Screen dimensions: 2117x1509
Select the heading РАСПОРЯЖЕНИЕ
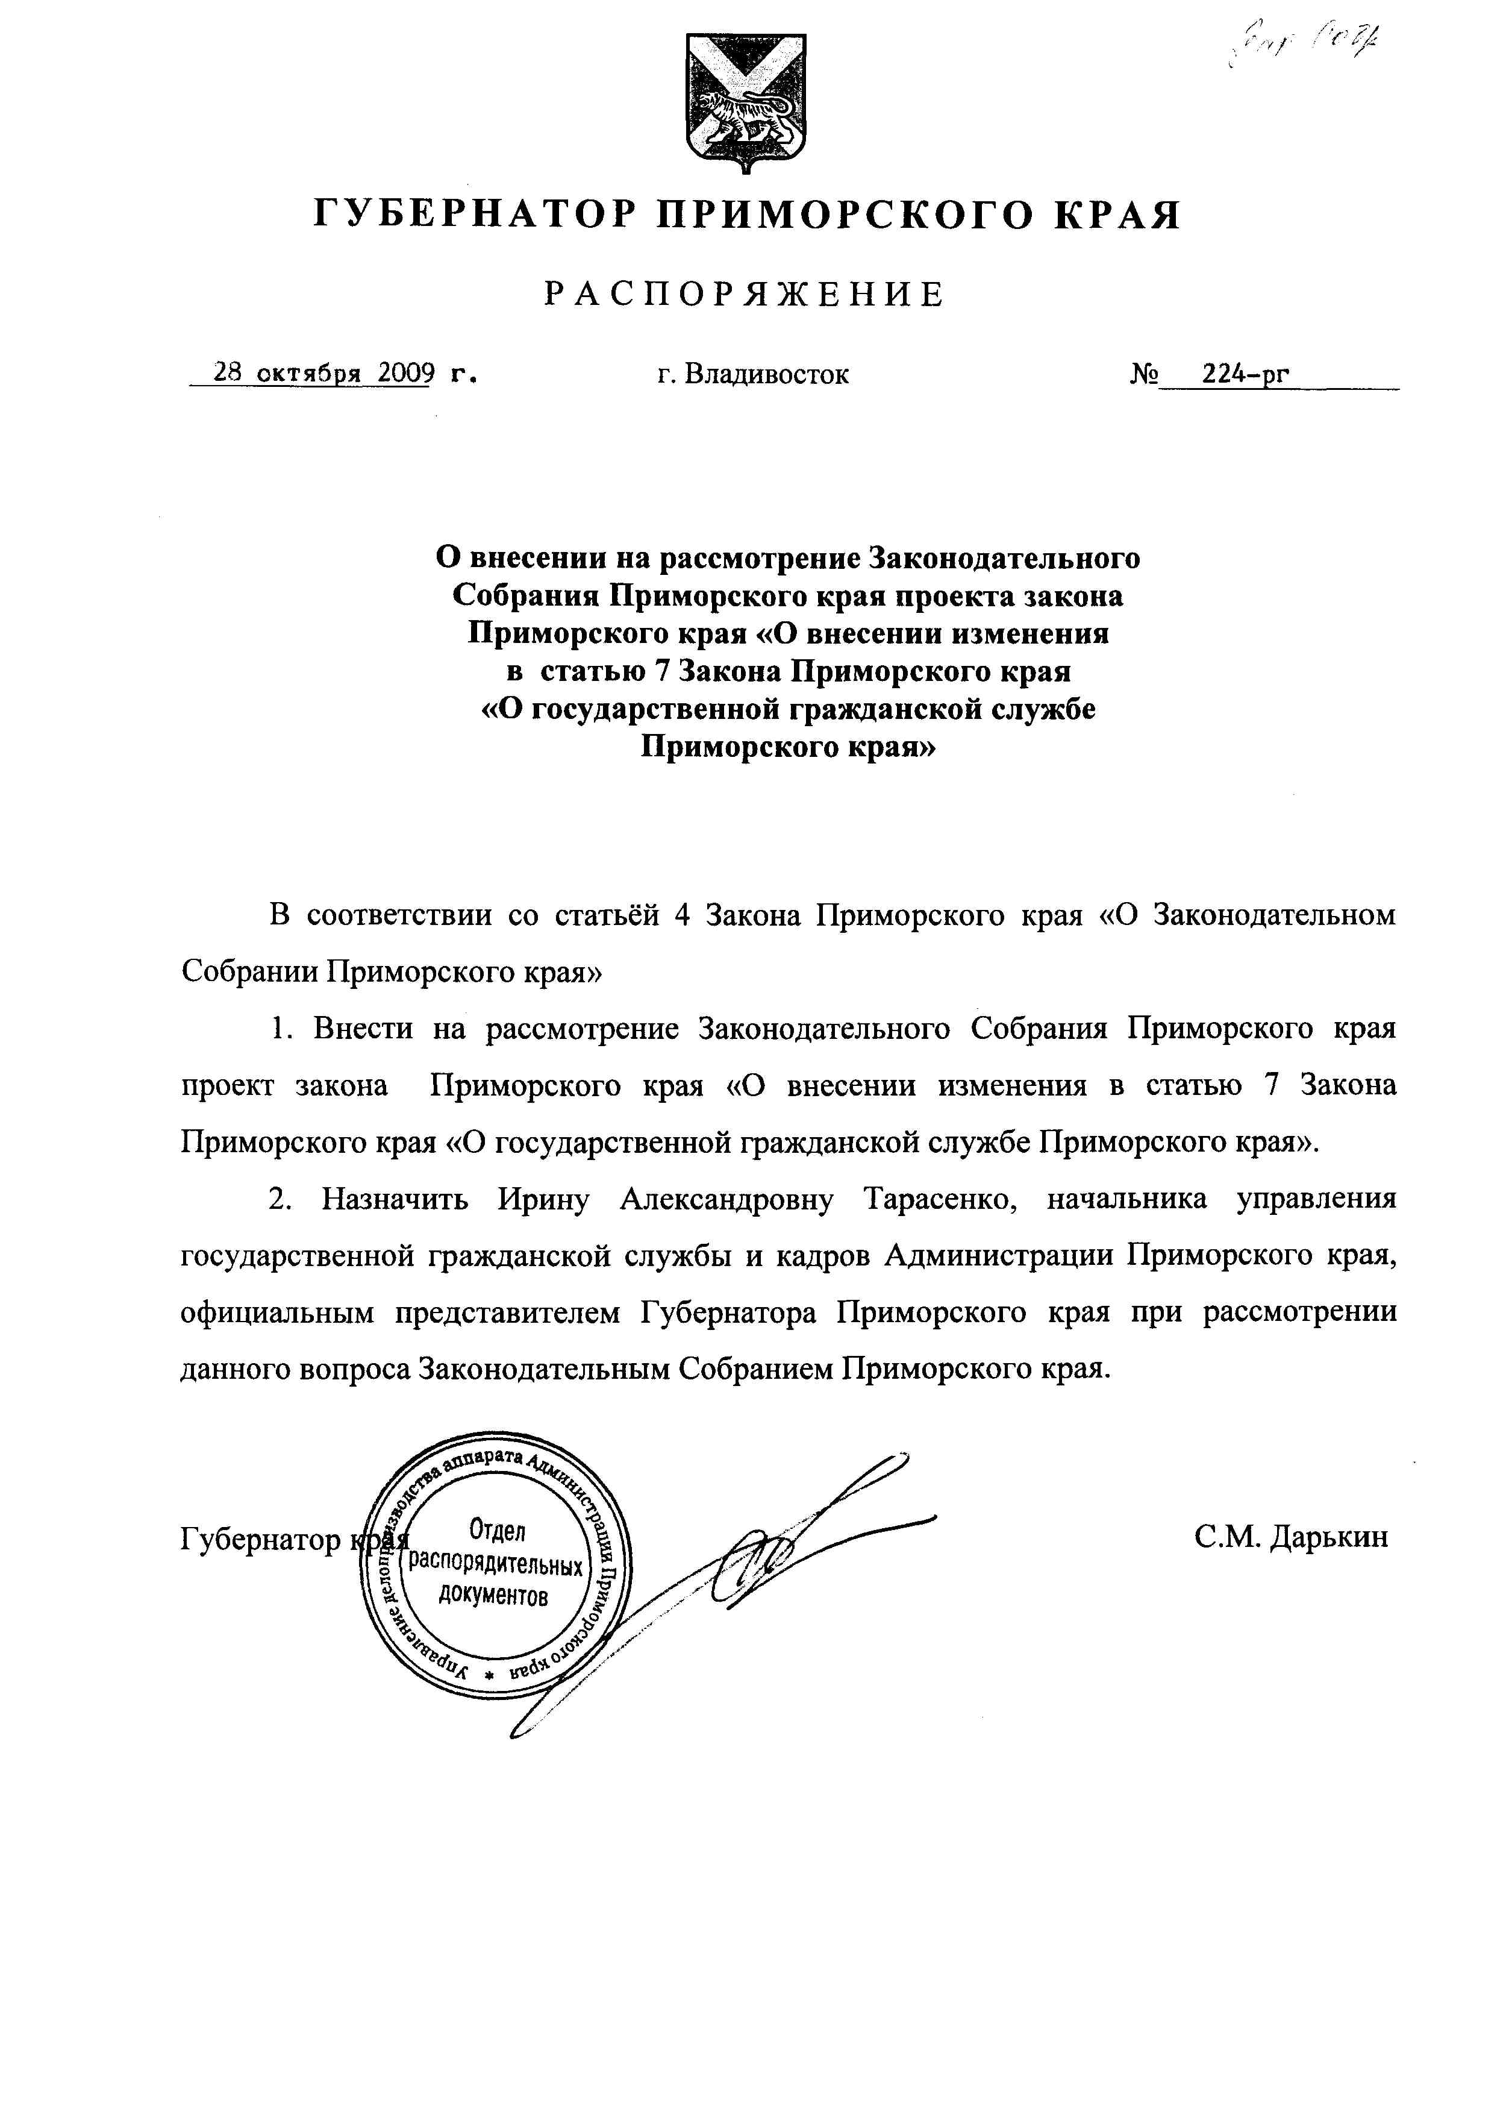745,295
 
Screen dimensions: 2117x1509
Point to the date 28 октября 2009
324,374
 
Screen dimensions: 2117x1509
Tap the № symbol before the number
1144,374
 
